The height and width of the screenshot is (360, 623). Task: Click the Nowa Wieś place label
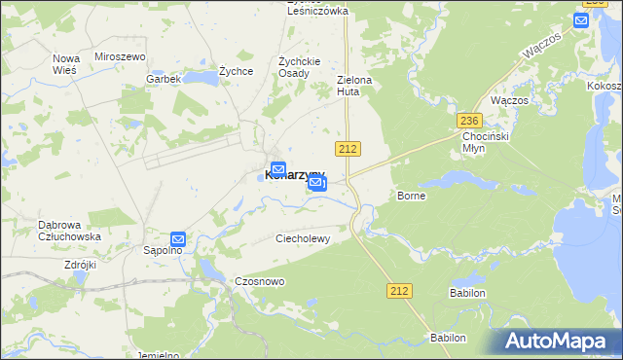[x=66, y=64]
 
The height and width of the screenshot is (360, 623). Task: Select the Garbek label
[x=164, y=79]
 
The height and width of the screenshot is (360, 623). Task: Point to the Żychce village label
[x=237, y=71]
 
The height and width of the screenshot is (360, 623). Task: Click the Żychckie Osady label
[x=294, y=66]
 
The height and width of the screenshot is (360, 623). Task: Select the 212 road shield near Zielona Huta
[x=348, y=148]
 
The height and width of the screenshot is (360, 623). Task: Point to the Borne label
[x=412, y=196]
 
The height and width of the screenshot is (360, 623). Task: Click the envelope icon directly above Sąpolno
[x=178, y=238]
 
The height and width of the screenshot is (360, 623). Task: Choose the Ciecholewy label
[x=305, y=237]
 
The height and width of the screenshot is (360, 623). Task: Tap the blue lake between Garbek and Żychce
[x=201, y=76]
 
